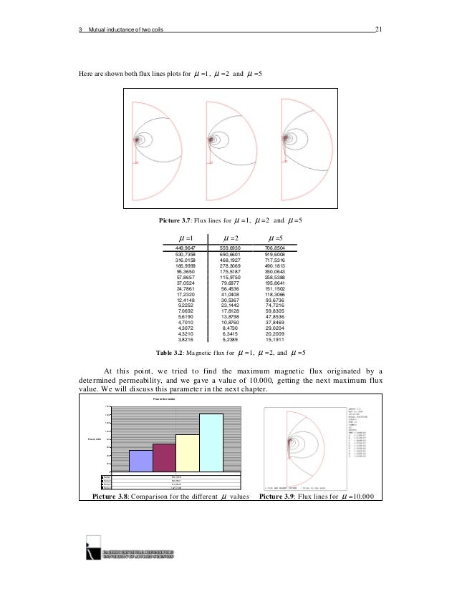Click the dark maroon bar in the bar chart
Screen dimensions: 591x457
tap(164, 458)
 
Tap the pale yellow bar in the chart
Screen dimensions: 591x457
tap(187, 453)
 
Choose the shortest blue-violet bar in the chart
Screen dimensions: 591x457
tap(140, 461)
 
